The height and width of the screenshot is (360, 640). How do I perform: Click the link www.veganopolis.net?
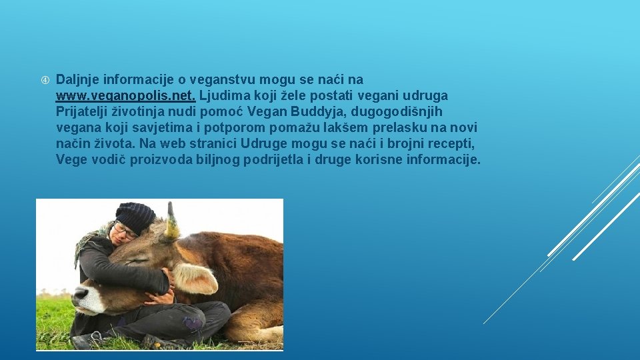point(125,95)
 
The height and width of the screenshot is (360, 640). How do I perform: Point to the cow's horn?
point(172,223)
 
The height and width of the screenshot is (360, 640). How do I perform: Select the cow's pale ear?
point(197,279)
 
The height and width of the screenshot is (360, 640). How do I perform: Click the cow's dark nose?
point(80,293)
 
